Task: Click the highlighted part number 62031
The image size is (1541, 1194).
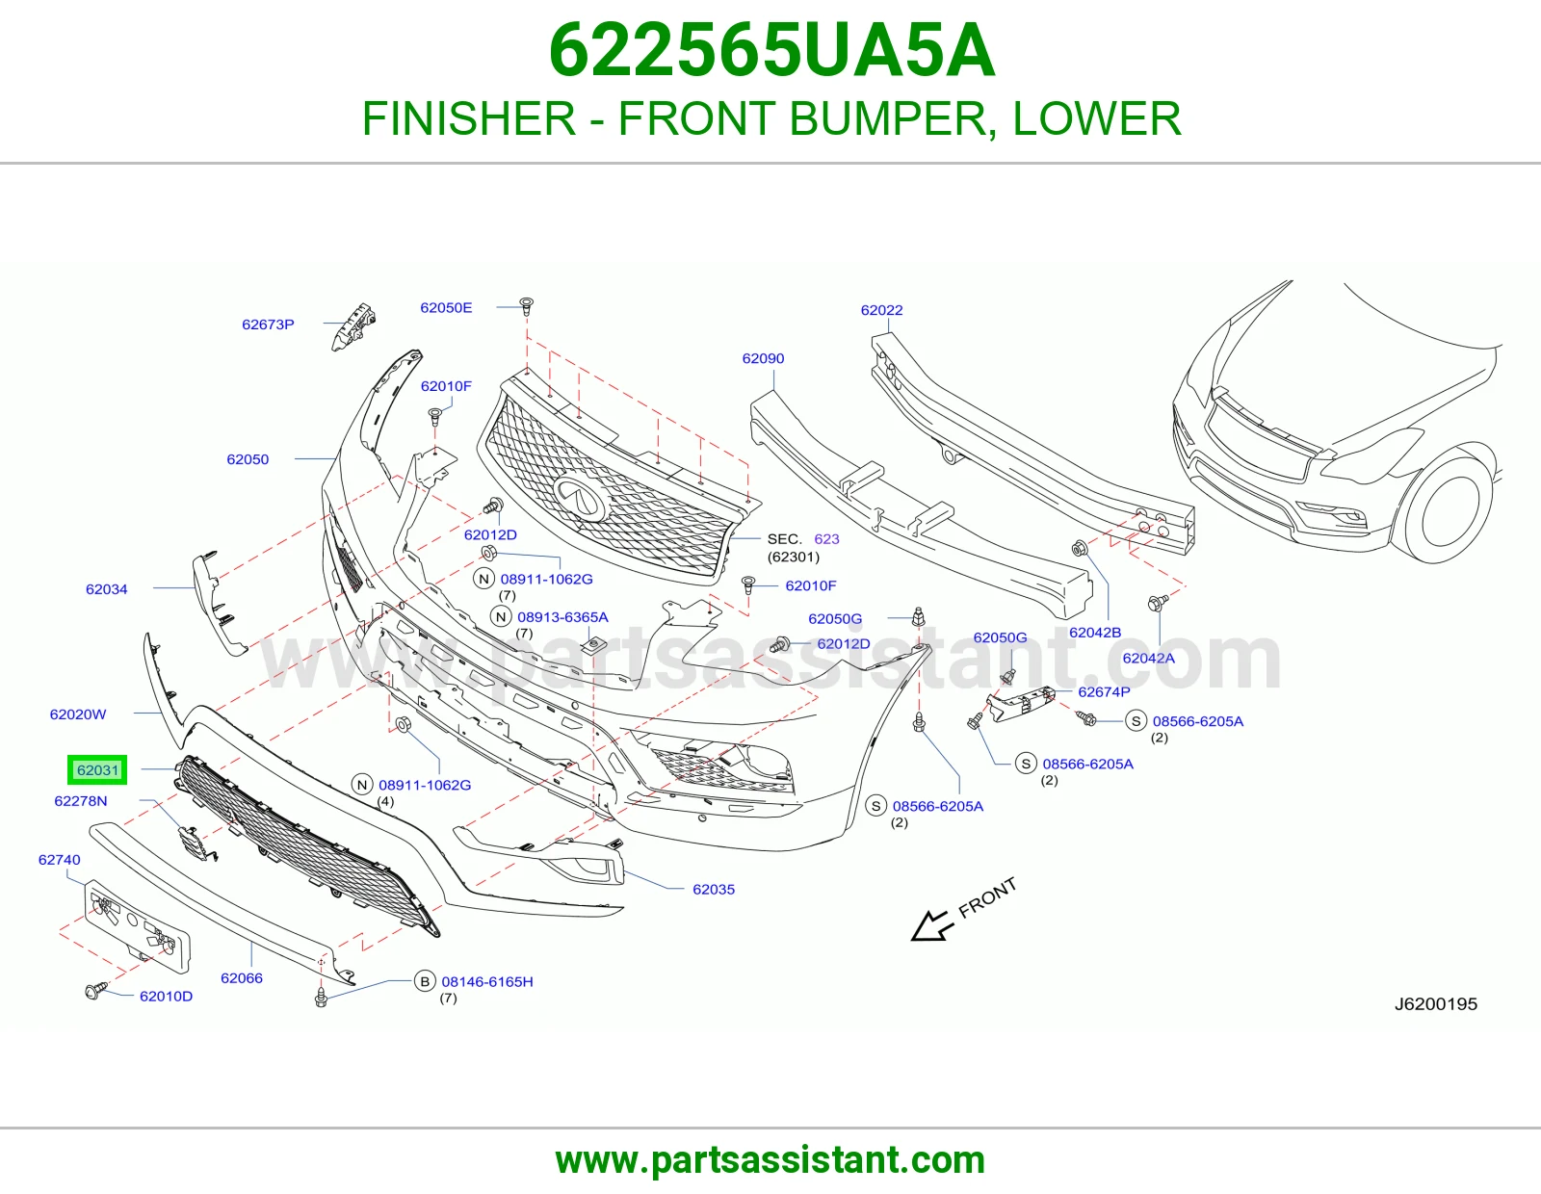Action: [98, 770]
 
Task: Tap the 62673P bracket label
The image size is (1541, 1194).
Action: [268, 324]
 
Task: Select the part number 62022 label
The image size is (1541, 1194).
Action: [881, 310]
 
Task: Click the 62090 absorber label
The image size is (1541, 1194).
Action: [763, 358]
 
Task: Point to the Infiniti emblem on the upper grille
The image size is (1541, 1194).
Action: [580, 497]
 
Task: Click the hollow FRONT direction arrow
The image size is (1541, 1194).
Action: [932, 925]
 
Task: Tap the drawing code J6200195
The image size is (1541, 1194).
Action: [1436, 1003]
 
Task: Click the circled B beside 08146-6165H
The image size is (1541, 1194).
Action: [425, 981]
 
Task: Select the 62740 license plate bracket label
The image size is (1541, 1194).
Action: [60, 859]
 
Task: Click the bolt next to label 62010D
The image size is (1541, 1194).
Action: [95, 990]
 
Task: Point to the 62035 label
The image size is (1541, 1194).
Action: [714, 889]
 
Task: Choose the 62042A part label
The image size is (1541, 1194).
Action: [1149, 658]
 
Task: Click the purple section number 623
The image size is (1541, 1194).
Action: [827, 539]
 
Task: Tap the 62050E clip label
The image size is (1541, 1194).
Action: [446, 307]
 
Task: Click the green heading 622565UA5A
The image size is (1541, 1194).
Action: [771, 50]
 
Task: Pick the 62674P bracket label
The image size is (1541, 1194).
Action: [1104, 691]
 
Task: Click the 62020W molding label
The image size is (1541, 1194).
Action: [78, 714]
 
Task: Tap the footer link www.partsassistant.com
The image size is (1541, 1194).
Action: [770, 1160]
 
